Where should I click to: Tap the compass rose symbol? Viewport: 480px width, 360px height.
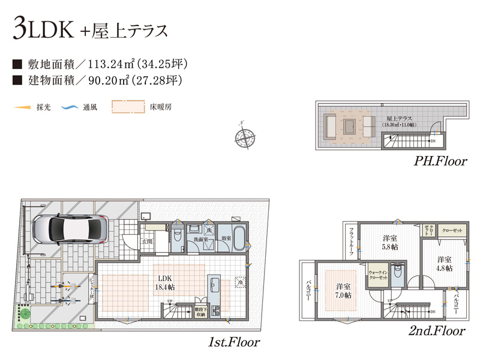tap(245, 136)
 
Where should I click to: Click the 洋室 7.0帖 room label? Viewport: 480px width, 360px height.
tap(344, 290)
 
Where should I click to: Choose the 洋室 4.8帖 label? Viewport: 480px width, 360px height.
tap(444, 263)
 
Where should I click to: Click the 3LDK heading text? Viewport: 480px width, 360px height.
tap(42, 30)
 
